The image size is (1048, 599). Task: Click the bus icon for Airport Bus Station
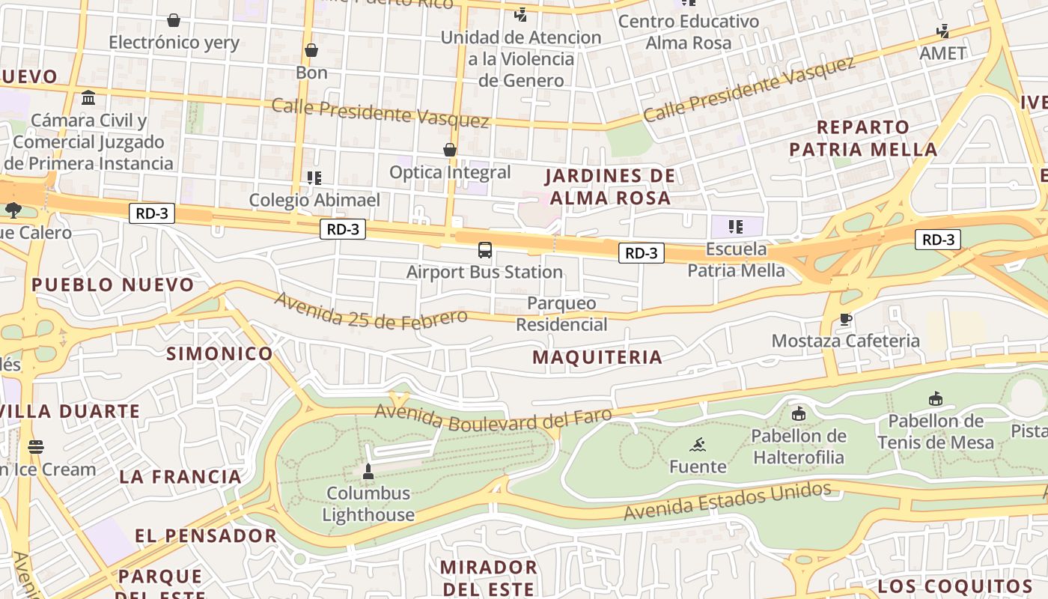(485, 249)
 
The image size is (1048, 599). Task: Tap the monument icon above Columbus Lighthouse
(368, 471)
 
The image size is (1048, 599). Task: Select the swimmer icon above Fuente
(698, 445)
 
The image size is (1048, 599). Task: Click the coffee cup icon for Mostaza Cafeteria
(845, 320)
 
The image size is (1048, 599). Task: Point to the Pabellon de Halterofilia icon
(799, 413)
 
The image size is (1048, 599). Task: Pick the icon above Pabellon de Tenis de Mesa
(935, 398)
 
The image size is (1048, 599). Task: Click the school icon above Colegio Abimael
(314, 178)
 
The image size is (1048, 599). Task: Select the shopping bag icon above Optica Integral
(450, 150)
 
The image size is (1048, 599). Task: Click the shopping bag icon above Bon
(311, 50)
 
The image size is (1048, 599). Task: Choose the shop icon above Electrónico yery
(174, 20)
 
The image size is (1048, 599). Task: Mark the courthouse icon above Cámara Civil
(88, 98)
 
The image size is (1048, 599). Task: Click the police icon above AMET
(943, 31)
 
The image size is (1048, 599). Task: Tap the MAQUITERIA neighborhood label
(597, 357)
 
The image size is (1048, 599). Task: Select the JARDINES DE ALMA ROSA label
(609, 187)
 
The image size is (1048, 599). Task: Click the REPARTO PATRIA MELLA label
(863, 138)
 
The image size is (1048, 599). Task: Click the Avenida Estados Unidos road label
(727, 501)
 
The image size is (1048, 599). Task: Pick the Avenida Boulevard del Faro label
(493, 418)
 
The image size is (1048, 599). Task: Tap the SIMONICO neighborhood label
(219, 354)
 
